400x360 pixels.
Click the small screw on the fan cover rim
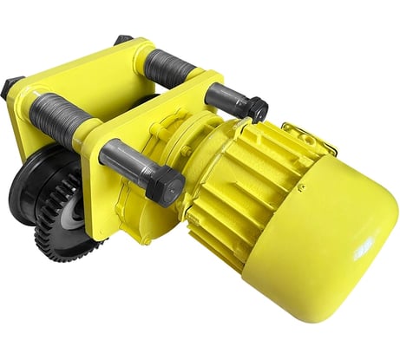tap(299, 186)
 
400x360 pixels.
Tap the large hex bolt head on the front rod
tap(165, 183)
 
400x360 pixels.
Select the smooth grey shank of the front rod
tap(121, 160)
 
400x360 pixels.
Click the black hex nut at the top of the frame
tap(123, 40)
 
